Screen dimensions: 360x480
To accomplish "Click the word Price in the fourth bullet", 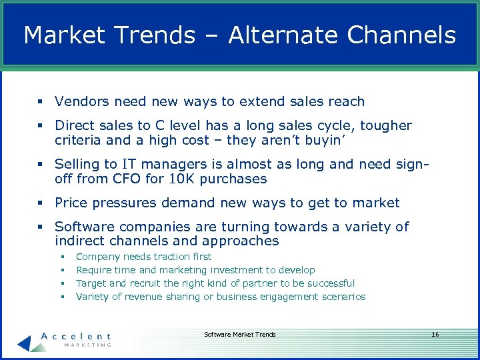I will click(72, 203).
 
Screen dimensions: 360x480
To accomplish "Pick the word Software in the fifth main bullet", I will click(83, 227).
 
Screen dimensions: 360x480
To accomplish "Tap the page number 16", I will click(435, 334).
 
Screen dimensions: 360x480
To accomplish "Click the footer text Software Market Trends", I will click(239, 334).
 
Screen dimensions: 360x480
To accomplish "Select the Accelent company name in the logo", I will click(76, 336).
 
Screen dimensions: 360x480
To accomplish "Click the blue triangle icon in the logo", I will click(25, 341).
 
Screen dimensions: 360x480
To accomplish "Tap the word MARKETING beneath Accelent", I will click(87, 345).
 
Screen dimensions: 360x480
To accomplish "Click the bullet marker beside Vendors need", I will click(41, 102).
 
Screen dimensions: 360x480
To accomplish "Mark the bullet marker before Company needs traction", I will click(61, 257).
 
